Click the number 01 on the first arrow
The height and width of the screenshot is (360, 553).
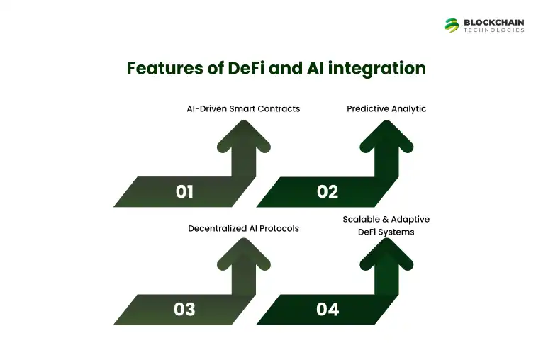point(184,191)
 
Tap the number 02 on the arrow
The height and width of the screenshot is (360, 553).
point(328,191)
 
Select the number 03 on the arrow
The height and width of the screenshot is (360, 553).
point(184,310)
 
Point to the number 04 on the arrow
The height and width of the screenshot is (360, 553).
point(328,310)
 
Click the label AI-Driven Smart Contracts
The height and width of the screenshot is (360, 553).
point(239,108)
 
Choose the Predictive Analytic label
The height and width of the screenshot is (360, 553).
point(386,108)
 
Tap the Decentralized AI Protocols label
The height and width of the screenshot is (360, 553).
point(243,228)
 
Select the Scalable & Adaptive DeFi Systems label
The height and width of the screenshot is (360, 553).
point(386,225)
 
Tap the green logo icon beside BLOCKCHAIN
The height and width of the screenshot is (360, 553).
point(452,25)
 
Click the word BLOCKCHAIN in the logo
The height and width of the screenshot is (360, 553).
point(494,22)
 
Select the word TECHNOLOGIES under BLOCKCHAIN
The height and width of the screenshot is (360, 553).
point(494,30)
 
